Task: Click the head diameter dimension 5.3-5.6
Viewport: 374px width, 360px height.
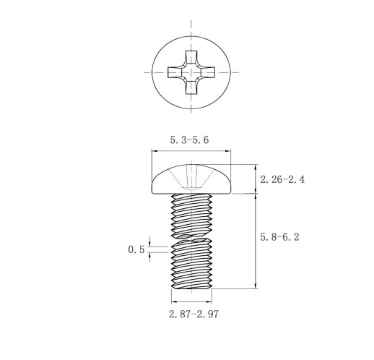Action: coord(189,140)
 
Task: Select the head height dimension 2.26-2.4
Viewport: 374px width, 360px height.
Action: coord(282,179)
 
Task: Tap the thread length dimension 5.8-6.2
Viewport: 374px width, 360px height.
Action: coord(279,237)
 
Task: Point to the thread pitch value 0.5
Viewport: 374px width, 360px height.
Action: coord(136,249)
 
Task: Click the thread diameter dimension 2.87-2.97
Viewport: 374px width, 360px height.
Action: coord(193,314)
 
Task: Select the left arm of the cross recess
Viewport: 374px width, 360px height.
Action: coord(175,72)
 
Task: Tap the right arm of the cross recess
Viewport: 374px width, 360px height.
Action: coord(208,72)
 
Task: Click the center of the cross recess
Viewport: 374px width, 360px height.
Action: coord(191,72)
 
